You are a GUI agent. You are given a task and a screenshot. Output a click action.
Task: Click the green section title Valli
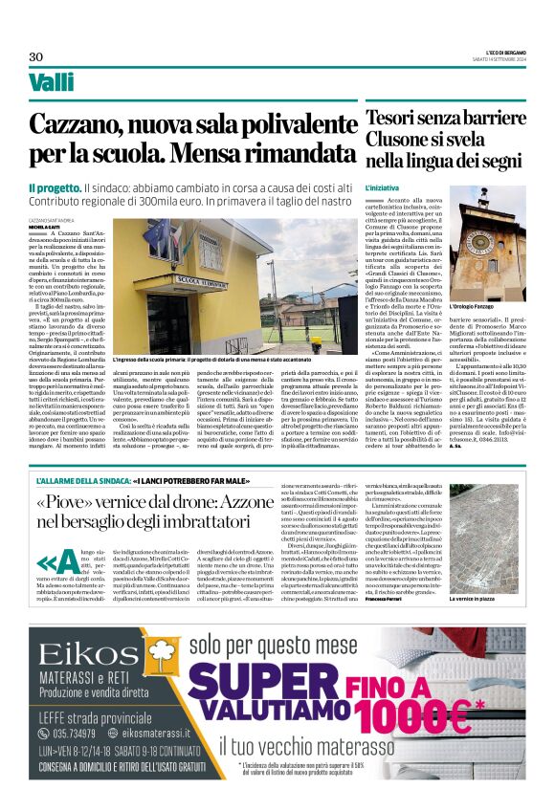click(x=52, y=82)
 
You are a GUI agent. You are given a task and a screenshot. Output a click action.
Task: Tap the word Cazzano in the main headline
click(x=99, y=124)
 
